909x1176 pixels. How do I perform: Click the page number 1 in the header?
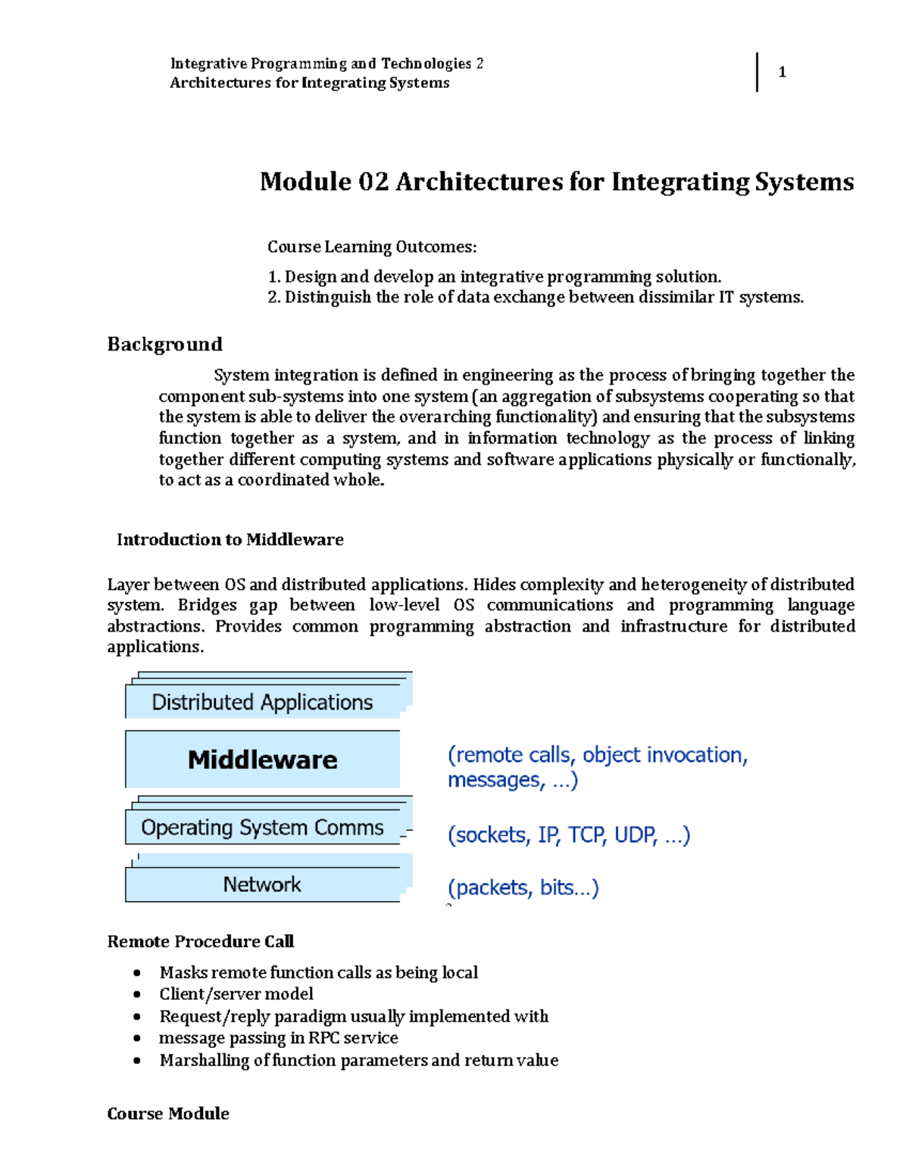click(x=782, y=73)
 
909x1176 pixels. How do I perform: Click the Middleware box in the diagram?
click(x=262, y=760)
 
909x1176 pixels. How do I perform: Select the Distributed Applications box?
click(x=262, y=702)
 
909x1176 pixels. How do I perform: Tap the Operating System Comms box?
click(x=262, y=828)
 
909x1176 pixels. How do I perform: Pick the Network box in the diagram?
click(x=262, y=884)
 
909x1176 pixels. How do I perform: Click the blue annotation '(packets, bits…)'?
click(x=523, y=887)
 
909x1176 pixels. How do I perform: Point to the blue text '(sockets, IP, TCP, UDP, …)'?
click(x=569, y=834)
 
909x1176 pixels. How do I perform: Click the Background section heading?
click(x=164, y=345)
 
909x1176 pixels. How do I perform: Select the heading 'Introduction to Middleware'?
click(x=230, y=539)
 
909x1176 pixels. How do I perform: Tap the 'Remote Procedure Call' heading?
click(x=200, y=941)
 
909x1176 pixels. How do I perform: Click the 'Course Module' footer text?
click(x=168, y=1113)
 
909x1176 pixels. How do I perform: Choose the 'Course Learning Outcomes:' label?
click(x=372, y=247)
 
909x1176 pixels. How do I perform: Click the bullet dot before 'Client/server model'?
click(x=137, y=995)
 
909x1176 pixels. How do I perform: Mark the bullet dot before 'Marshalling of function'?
click(x=137, y=1061)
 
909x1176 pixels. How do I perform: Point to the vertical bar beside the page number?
click(x=757, y=73)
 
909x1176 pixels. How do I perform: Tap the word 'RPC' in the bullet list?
click(x=323, y=1038)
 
